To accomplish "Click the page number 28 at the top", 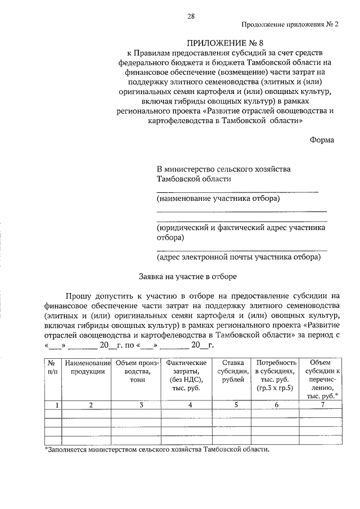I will (x=191, y=16).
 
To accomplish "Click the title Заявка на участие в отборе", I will (x=188, y=276).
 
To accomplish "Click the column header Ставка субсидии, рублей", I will (x=232, y=372).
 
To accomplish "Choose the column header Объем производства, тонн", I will (x=135, y=372).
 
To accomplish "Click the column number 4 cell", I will (x=184, y=404).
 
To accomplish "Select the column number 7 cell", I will (x=322, y=404).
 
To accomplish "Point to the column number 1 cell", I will (x=52, y=404).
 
